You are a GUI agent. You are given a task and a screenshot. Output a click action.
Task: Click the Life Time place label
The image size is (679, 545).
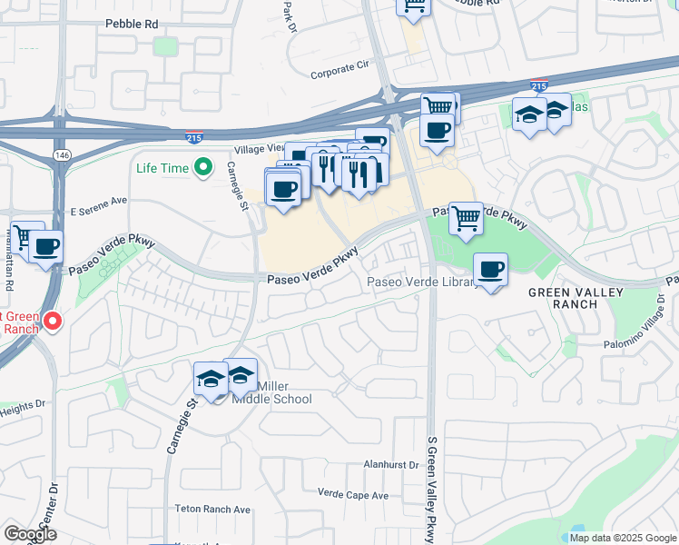pos(162,168)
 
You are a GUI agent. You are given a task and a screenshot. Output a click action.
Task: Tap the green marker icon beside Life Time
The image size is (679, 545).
pos(204,167)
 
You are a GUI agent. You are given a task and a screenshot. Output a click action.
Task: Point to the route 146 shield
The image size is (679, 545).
pos(61,155)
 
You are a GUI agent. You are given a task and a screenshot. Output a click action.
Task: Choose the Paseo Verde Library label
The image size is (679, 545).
pos(422,282)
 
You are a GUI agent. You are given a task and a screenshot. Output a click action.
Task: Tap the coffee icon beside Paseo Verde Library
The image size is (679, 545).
pos(491,270)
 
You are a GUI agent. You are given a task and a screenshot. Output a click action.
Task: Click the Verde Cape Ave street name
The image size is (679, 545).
pos(353,495)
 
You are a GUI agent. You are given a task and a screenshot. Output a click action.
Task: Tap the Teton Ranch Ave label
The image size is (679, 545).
pos(212,510)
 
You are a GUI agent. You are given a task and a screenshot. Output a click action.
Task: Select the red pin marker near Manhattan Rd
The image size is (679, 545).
pos(53,320)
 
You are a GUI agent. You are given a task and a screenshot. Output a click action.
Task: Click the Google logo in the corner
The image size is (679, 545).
pos(30,534)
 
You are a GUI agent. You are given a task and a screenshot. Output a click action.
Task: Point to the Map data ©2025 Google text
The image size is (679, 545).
pos(622,538)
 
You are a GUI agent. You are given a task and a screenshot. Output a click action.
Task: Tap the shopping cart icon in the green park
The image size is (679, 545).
pos(466,217)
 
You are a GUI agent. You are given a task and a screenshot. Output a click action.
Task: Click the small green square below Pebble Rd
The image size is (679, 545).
pos(165,46)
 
